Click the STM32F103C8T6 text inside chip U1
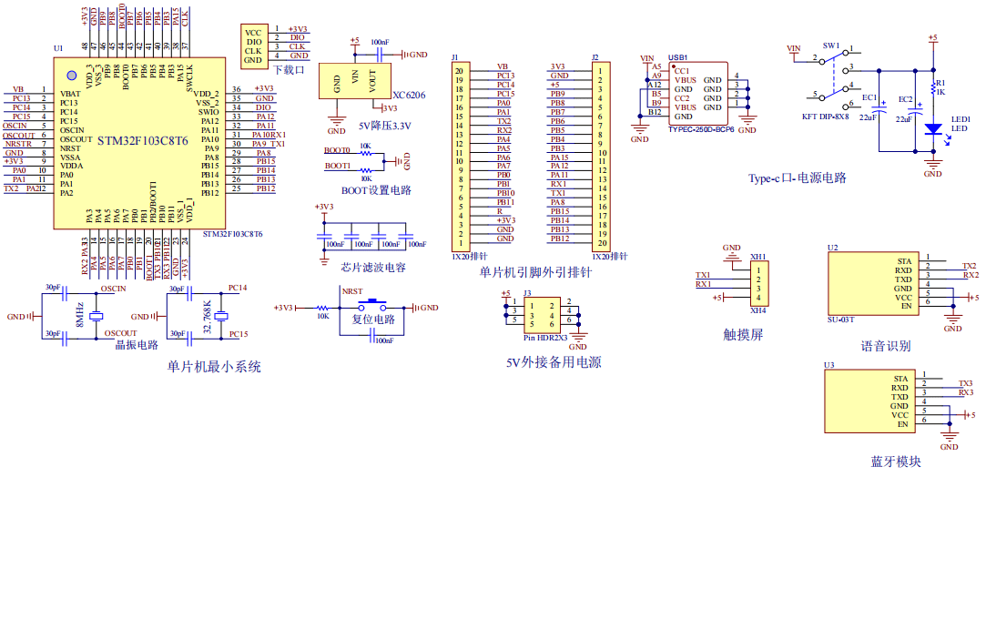(x=143, y=140)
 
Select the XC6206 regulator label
(x=409, y=95)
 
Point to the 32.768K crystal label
(x=208, y=314)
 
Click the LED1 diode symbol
(x=932, y=129)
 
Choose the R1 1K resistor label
(x=940, y=87)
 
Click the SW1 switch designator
(x=831, y=46)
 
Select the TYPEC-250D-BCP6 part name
(x=700, y=129)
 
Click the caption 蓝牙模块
(x=896, y=462)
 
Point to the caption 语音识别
(x=885, y=346)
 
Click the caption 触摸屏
(x=742, y=334)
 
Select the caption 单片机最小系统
(x=214, y=367)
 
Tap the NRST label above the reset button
(x=351, y=290)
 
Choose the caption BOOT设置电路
(x=376, y=190)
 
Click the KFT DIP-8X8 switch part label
(x=825, y=117)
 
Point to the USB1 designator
(x=677, y=56)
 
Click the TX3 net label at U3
(x=965, y=383)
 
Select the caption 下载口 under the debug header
(x=288, y=69)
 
